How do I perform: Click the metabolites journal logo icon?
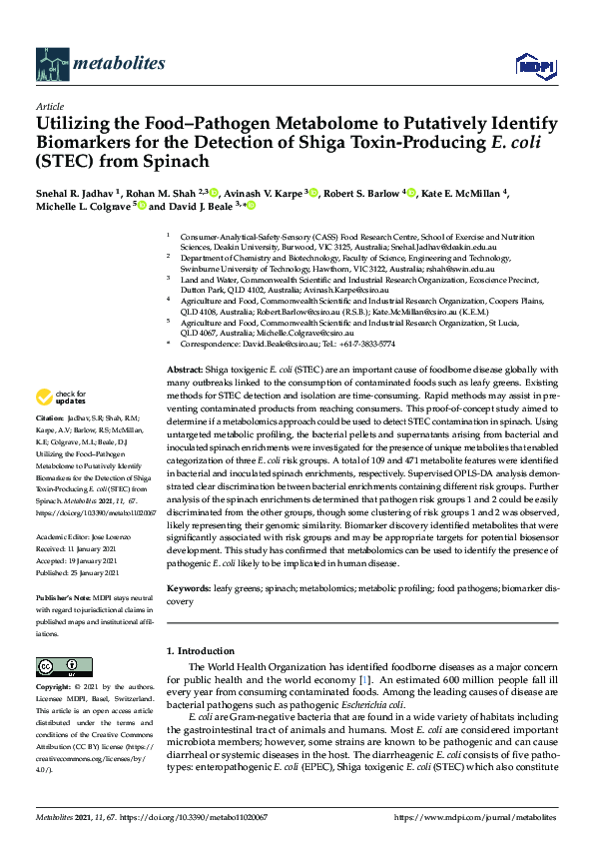point(51,64)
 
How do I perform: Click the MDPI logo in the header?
point(529,66)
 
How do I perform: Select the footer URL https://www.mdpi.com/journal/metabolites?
point(477,817)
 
